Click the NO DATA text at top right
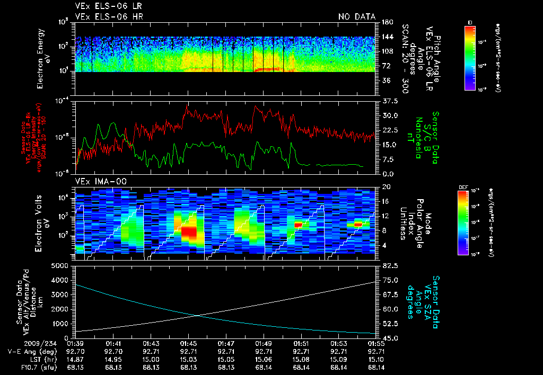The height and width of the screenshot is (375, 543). tap(356, 16)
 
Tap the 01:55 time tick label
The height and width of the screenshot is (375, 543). tap(376, 343)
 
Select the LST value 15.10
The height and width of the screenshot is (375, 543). tap(376, 359)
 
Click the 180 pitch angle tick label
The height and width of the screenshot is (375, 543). tap(386, 22)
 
